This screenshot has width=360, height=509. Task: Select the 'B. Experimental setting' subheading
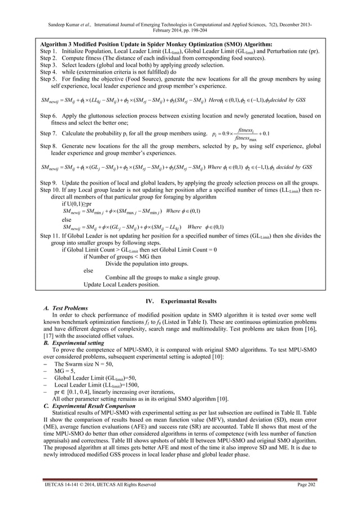(x=75, y=343)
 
